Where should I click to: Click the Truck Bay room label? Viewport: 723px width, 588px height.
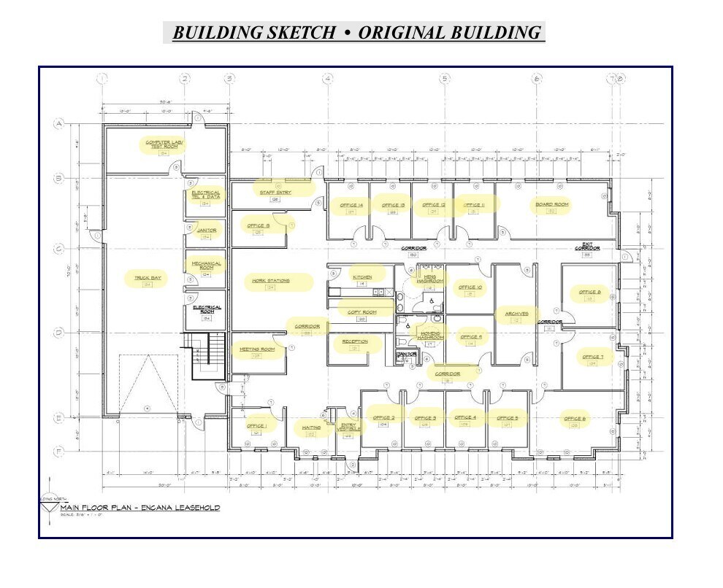point(147,277)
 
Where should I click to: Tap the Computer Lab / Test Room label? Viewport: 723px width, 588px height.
point(161,144)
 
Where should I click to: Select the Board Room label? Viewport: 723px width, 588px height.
point(552,205)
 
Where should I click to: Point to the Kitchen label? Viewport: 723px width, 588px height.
point(363,277)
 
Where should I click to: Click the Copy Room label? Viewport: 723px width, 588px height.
point(361,312)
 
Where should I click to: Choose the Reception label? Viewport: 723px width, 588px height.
point(355,341)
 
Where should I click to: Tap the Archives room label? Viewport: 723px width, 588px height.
point(516,314)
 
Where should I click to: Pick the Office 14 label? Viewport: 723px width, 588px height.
point(351,205)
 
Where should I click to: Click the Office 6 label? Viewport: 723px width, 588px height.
point(574,419)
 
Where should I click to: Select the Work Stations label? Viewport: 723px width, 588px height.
point(271,281)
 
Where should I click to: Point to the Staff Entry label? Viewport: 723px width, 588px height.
point(275,193)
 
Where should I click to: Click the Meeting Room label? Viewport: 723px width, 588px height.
point(257,349)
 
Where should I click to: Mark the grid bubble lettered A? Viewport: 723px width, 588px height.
point(58,125)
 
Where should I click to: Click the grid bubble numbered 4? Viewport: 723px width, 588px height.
point(328,79)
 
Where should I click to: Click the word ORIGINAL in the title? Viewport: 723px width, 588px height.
point(402,33)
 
